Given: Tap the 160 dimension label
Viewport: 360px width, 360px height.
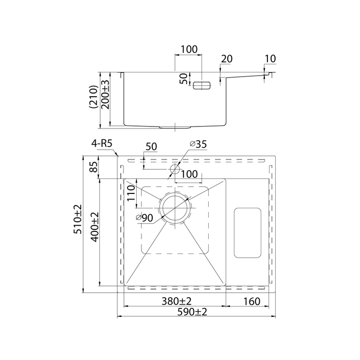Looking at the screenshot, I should tap(250, 301).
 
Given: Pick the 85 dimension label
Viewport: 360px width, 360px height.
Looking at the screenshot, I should tap(93, 167).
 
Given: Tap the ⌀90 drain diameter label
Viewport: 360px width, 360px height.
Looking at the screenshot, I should tap(145, 218).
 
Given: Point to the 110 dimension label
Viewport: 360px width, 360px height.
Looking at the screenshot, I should tap(131, 193).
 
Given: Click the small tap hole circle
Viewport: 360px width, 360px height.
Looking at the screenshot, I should tap(174, 168).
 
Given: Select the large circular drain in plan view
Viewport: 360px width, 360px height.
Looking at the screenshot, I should tap(175, 207).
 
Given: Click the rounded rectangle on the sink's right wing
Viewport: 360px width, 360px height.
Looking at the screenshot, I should tap(247, 232).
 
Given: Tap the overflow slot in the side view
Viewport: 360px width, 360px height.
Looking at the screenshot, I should tap(202, 85).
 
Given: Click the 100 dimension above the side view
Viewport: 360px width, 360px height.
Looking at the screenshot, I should tap(189, 49).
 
